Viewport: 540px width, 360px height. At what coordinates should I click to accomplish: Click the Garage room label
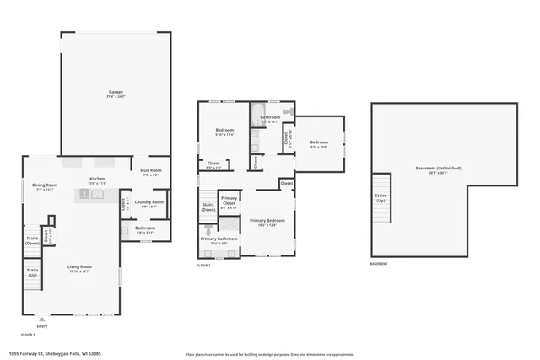pos(116,92)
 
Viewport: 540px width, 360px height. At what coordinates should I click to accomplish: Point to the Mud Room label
pos(150,172)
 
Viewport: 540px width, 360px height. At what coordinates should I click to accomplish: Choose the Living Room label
pos(80,268)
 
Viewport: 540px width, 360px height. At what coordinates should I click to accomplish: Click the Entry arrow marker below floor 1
pos(42,319)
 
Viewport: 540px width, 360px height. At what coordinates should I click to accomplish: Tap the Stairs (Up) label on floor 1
pos(32,273)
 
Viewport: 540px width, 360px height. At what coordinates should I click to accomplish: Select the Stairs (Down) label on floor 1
pos(32,240)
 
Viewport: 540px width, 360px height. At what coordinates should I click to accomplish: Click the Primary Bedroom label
pos(267,222)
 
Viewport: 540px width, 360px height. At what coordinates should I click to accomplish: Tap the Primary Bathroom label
pos(219,240)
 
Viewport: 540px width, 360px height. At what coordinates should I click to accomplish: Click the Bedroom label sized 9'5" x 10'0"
pos(318,142)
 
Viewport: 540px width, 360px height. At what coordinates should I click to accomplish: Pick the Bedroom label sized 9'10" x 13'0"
pos(224,132)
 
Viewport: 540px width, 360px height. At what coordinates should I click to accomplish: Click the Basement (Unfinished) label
pos(438,169)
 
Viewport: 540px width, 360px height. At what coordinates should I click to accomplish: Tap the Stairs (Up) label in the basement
pos(381,197)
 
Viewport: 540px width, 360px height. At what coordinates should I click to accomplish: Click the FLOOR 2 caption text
pos(203,266)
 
